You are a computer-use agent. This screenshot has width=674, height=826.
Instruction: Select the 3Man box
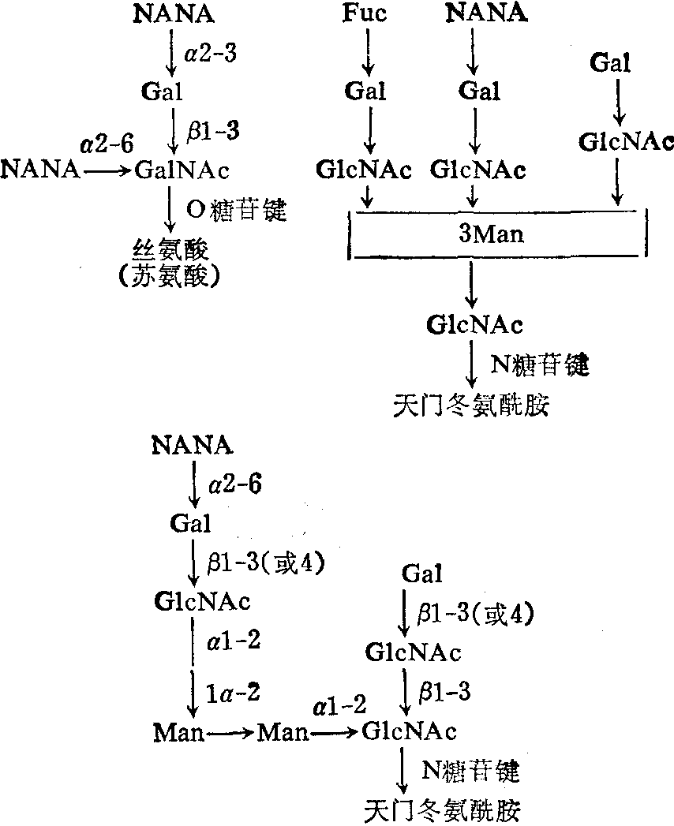click(x=498, y=236)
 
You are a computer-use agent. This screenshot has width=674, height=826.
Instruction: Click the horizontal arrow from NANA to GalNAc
click(x=108, y=170)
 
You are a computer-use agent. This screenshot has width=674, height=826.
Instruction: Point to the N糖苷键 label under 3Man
click(x=541, y=364)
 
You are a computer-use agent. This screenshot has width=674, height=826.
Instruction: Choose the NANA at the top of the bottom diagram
click(x=193, y=446)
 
